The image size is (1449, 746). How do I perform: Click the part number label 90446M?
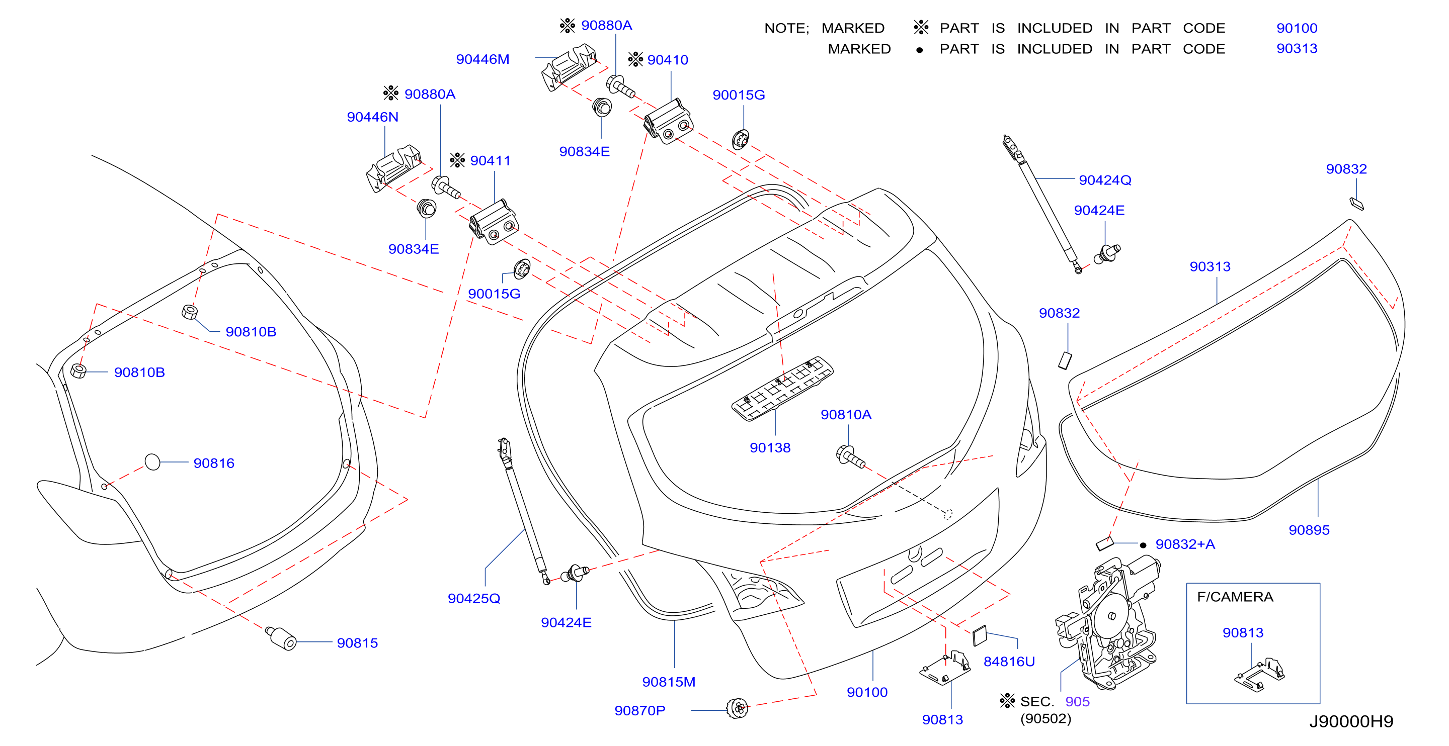[x=482, y=59]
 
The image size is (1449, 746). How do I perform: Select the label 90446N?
[x=372, y=117]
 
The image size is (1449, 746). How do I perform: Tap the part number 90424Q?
[x=1105, y=180]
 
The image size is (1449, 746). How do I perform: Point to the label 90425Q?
[x=473, y=598]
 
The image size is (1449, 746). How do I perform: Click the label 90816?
[x=214, y=463]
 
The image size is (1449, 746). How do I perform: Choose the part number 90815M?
[x=669, y=682]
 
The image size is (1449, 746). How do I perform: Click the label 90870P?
[x=639, y=711]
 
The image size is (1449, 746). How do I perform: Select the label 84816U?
[x=1009, y=662]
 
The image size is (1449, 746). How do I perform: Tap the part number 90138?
[x=770, y=448]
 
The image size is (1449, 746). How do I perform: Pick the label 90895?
[x=1309, y=530]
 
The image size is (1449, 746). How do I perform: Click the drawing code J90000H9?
[x=1351, y=721]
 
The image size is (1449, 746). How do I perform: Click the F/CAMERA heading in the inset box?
[x=1235, y=597]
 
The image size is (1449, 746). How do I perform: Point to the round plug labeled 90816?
[x=152, y=462]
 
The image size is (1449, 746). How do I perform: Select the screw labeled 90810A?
[x=850, y=456]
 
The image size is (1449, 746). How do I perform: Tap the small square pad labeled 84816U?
[x=980, y=636]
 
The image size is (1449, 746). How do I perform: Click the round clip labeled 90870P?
[x=737, y=708]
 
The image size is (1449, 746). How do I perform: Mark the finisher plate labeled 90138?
[x=782, y=389]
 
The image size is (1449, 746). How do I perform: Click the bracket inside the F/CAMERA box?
[x=1260, y=674]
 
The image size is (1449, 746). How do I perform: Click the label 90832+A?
[x=1185, y=544]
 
